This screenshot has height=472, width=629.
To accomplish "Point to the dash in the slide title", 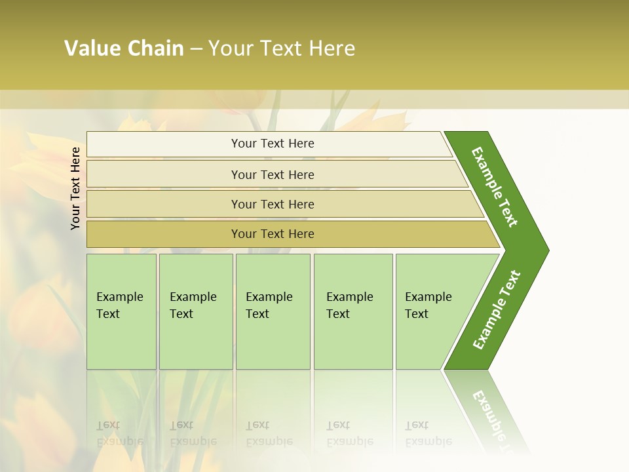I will click(196, 49).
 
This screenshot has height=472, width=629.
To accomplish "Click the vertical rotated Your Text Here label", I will click(75, 188).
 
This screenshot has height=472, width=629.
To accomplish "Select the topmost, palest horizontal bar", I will click(273, 144).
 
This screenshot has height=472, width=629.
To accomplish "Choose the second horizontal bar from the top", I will click(273, 174).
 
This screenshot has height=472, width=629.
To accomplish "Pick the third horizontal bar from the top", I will click(273, 204).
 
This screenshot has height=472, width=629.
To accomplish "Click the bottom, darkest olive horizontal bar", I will click(273, 234).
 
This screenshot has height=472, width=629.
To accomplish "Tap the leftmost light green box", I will click(121, 311).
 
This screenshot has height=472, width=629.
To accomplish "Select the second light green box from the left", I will click(196, 311).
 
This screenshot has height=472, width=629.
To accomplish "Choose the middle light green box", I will click(273, 311).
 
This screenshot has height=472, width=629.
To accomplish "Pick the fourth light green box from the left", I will click(353, 311).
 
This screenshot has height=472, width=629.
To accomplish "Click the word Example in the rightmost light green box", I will click(429, 297).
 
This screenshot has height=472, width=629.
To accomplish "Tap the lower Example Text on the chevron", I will click(497, 310).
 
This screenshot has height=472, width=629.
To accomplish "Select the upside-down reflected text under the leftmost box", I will click(119, 433).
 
